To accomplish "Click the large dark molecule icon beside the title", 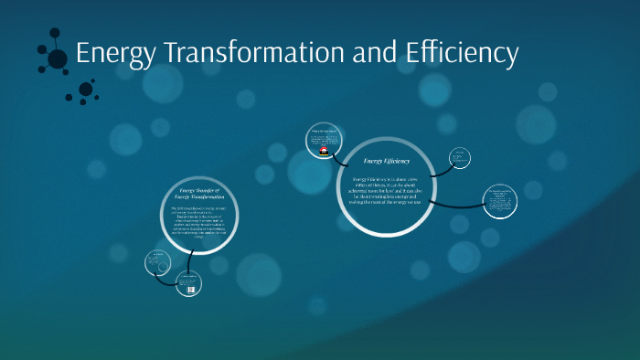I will pyautogui.click(x=56, y=58).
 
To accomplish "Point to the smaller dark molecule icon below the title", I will pyautogui.click(x=86, y=90).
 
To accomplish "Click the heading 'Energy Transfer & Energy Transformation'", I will pyautogui.click(x=198, y=194).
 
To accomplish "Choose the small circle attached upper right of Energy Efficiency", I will pyautogui.click(x=461, y=157).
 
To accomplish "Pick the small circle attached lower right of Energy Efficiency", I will pyautogui.click(x=499, y=202).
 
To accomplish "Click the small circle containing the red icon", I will pyautogui.click(x=325, y=141).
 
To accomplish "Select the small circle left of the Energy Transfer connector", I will pyautogui.click(x=157, y=263).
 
